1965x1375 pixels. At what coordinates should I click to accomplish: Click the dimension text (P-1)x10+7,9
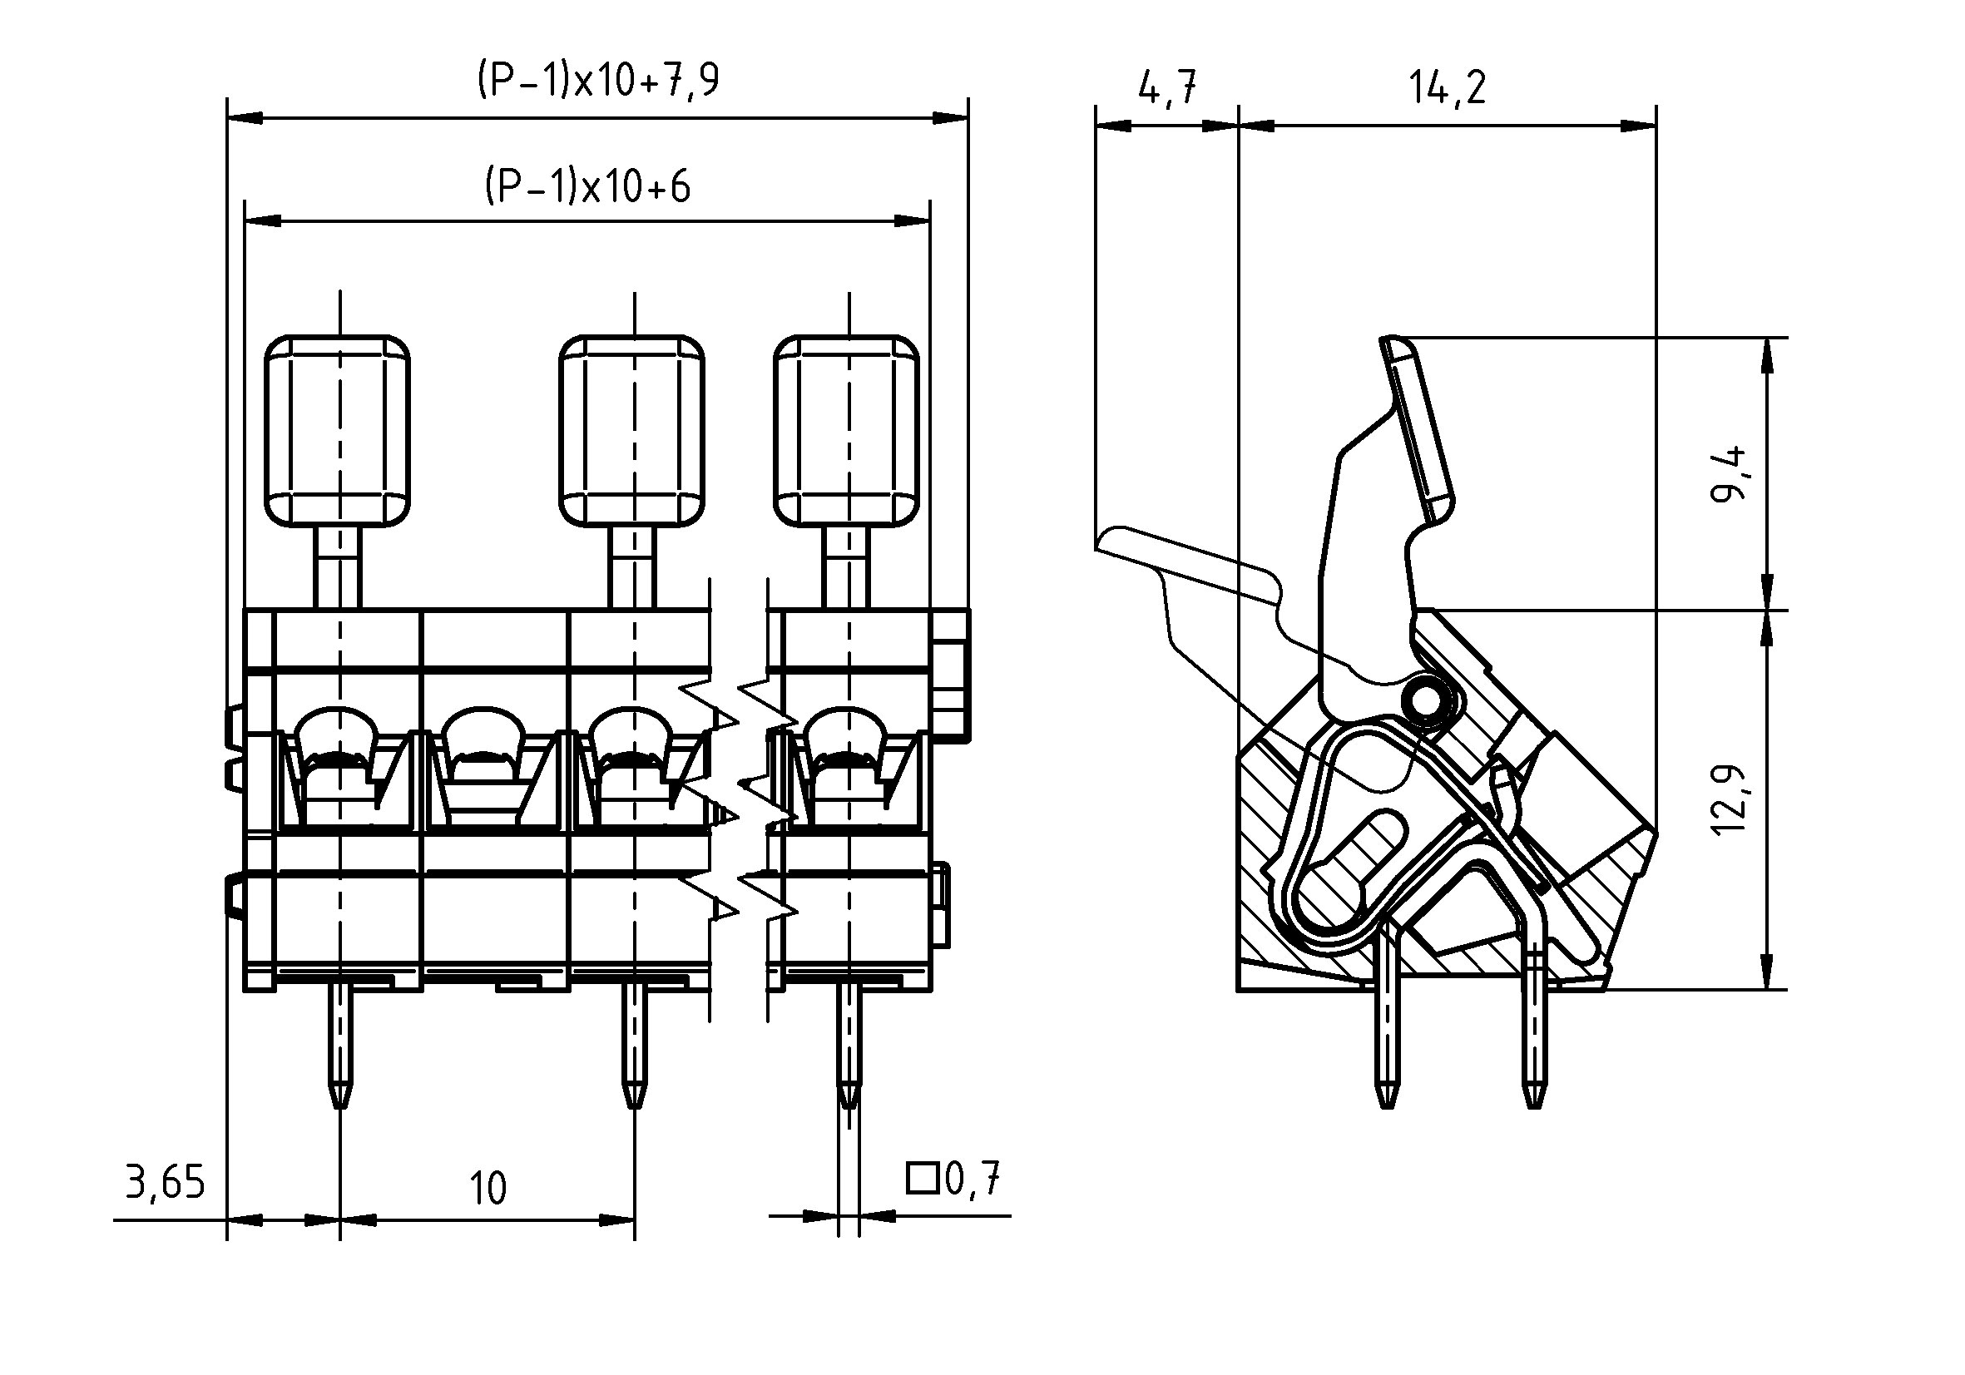click(598, 81)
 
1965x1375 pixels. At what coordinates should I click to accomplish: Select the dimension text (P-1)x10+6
click(588, 185)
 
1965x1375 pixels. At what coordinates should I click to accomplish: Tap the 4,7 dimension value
click(1167, 87)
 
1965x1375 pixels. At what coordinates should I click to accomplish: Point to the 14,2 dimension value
click(1448, 87)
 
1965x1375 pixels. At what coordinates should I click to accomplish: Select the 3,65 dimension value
click(166, 1183)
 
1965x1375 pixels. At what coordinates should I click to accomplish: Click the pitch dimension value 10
click(488, 1189)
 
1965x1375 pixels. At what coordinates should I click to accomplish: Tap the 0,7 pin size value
click(973, 1178)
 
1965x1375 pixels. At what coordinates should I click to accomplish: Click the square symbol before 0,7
click(923, 1178)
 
